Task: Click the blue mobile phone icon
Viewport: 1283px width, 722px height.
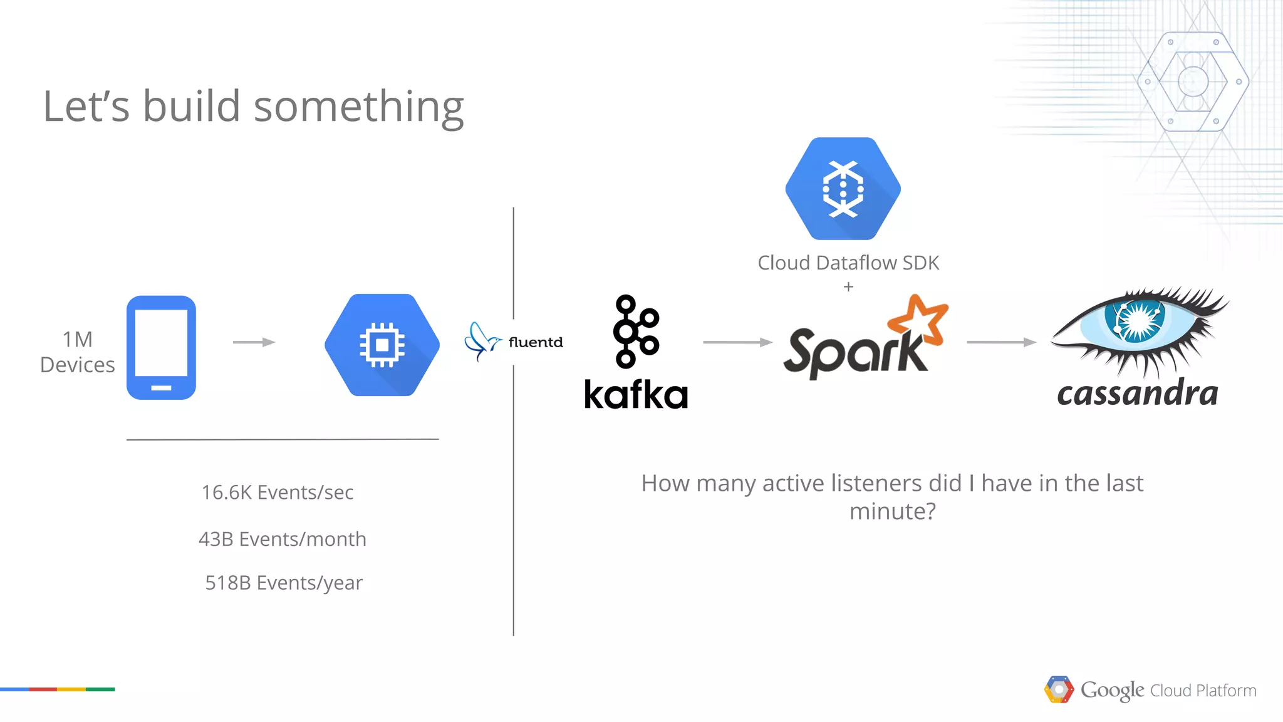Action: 161,347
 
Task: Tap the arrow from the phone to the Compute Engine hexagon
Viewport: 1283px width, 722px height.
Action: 254,342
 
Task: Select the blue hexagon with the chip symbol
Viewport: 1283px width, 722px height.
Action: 382,345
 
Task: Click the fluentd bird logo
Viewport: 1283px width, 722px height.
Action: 482,341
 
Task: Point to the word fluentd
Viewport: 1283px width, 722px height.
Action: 536,342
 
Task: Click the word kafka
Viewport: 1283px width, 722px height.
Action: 636,395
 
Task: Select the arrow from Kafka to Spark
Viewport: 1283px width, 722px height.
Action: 737,342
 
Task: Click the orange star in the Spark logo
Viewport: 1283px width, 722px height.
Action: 919,320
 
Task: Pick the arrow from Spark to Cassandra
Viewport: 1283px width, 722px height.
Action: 1000,342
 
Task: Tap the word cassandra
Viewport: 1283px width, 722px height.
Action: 1137,394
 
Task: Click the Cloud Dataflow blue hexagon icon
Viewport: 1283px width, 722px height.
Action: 843,189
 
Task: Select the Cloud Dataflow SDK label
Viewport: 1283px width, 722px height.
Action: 848,263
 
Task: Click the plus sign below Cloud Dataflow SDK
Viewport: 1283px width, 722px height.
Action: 848,287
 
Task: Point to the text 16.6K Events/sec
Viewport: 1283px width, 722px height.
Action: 278,493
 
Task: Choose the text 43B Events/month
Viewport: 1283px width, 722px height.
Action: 283,539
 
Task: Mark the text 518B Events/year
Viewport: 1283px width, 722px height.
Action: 284,583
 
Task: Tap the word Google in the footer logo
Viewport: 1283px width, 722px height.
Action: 1112,690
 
